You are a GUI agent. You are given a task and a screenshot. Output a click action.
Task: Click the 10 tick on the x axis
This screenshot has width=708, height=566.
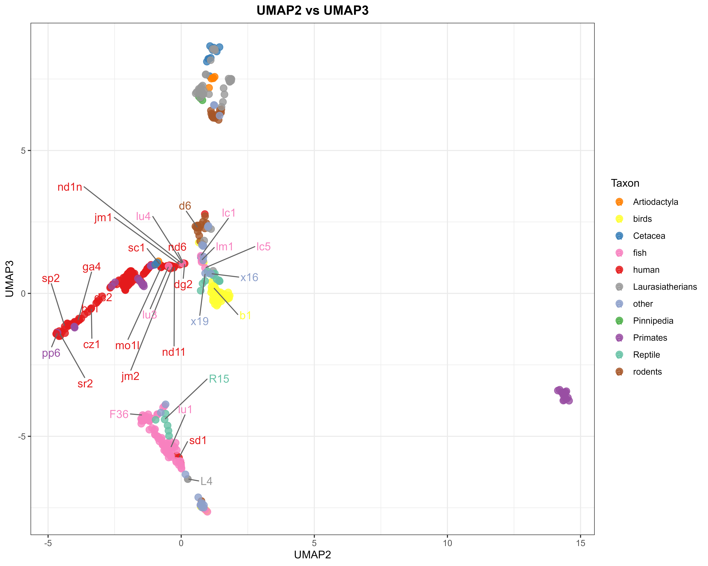tap(447, 543)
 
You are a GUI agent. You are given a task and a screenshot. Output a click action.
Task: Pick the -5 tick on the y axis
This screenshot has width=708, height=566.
tap(22, 436)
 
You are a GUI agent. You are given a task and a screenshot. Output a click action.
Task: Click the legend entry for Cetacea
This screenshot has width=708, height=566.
tap(649, 236)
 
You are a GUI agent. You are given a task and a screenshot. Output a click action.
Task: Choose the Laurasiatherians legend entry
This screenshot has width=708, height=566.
tap(665, 287)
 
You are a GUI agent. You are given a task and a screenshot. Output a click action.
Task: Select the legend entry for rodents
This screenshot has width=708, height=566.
tap(647, 372)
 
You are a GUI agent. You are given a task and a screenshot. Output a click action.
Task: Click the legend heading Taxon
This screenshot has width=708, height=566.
tap(625, 183)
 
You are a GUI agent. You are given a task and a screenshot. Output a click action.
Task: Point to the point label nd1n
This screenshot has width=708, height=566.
tap(70, 187)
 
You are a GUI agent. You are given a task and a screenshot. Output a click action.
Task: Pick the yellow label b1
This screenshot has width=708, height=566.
tap(245, 316)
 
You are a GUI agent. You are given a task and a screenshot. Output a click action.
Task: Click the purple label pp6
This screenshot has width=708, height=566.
tap(51, 353)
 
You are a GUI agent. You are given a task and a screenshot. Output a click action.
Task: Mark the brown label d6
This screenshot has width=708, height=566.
tap(185, 206)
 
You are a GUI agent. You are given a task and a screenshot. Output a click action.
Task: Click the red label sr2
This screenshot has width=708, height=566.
tap(85, 384)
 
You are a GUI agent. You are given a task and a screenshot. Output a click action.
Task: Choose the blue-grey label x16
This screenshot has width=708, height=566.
tap(249, 278)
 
